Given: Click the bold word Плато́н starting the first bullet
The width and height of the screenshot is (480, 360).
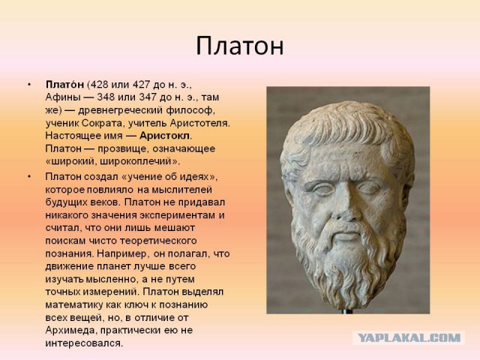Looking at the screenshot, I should (65, 83).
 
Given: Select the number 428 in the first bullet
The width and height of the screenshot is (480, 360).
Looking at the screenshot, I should (100, 83).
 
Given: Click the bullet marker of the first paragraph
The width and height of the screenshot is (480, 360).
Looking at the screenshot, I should (28, 83).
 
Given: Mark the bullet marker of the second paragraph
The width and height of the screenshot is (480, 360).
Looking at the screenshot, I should (28, 175).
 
